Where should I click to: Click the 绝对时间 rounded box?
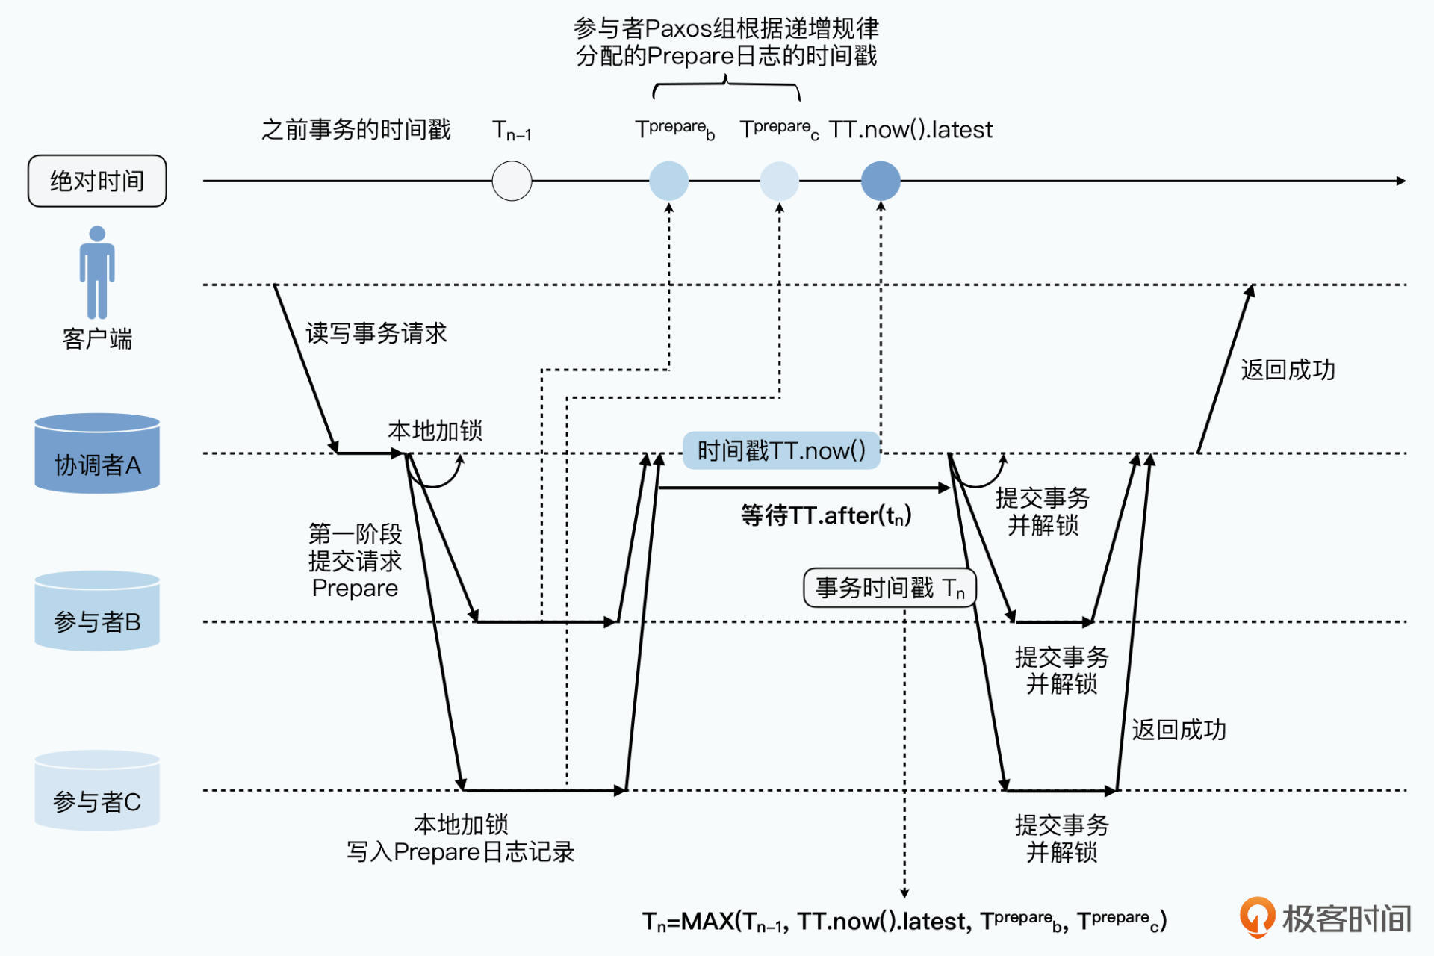(97, 181)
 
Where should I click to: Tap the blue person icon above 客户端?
(97, 273)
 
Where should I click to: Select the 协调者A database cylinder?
(97, 453)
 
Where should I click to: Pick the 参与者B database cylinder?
(97, 611)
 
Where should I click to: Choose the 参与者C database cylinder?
(97, 790)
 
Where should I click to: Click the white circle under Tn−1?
(512, 181)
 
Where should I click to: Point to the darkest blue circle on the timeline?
(881, 181)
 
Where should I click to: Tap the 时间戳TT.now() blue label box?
(781, 450)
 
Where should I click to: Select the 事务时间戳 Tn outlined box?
(890, 588)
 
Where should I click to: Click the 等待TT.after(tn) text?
(826, 515)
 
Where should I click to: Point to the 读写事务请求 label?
(376, 333)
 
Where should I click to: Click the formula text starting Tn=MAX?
(904, 922)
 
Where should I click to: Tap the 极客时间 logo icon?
(1257, 916)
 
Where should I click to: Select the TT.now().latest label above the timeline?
(910, 130)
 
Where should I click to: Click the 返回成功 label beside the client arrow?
(1288, 370)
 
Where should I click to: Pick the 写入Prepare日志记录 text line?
(460, 852)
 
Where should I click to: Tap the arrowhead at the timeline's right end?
(1400, 181)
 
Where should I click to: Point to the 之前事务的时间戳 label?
(356, 130)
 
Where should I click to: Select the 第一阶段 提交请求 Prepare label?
(355, 561)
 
